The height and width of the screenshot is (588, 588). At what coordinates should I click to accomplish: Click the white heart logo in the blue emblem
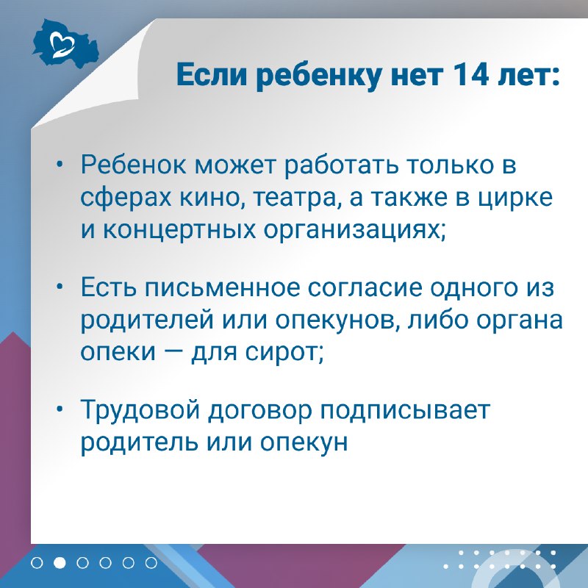click(x=62, y=44)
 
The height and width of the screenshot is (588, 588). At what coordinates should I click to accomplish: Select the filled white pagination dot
click(x=60, y=563)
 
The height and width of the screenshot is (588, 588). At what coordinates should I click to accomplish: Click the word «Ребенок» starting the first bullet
click(x=134, y=165)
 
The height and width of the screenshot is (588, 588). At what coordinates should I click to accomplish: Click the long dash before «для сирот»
click(x=173, y=353)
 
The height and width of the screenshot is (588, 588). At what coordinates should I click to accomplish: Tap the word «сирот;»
click(x=284, y=354)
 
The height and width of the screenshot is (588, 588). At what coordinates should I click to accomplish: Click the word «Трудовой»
click(x=140, y=410)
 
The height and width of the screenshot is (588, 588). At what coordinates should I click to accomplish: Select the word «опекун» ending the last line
click(x=304, y=443)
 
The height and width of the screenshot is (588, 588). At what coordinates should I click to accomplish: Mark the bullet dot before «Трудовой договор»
click(x=60, y=410)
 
